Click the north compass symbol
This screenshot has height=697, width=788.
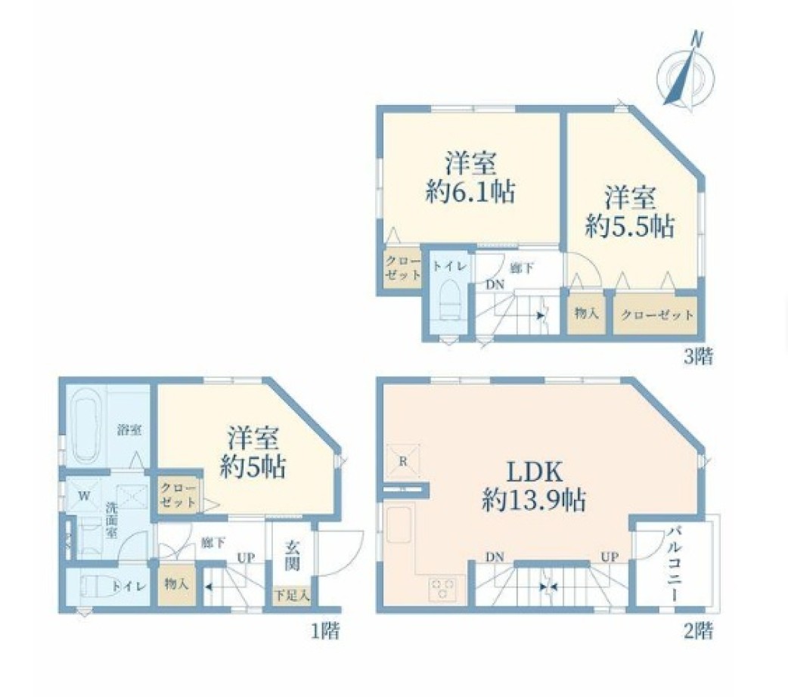point(685,71)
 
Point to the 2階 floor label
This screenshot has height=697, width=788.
point(698,630)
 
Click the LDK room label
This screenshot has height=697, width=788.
point(533,472)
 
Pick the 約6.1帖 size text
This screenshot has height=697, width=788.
point(470,192)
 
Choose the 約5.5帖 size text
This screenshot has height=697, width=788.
point(629,226)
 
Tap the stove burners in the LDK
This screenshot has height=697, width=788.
point(443,588)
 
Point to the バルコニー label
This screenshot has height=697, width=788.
point(675,565)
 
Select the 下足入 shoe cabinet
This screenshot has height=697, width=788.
point(292,596)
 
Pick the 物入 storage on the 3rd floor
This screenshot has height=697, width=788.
point(586,314)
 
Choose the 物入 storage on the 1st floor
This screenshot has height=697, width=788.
point(177,584)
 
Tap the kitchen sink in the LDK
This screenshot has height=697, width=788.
point(399,524)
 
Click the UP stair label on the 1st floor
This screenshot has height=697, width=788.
point(247,558)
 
